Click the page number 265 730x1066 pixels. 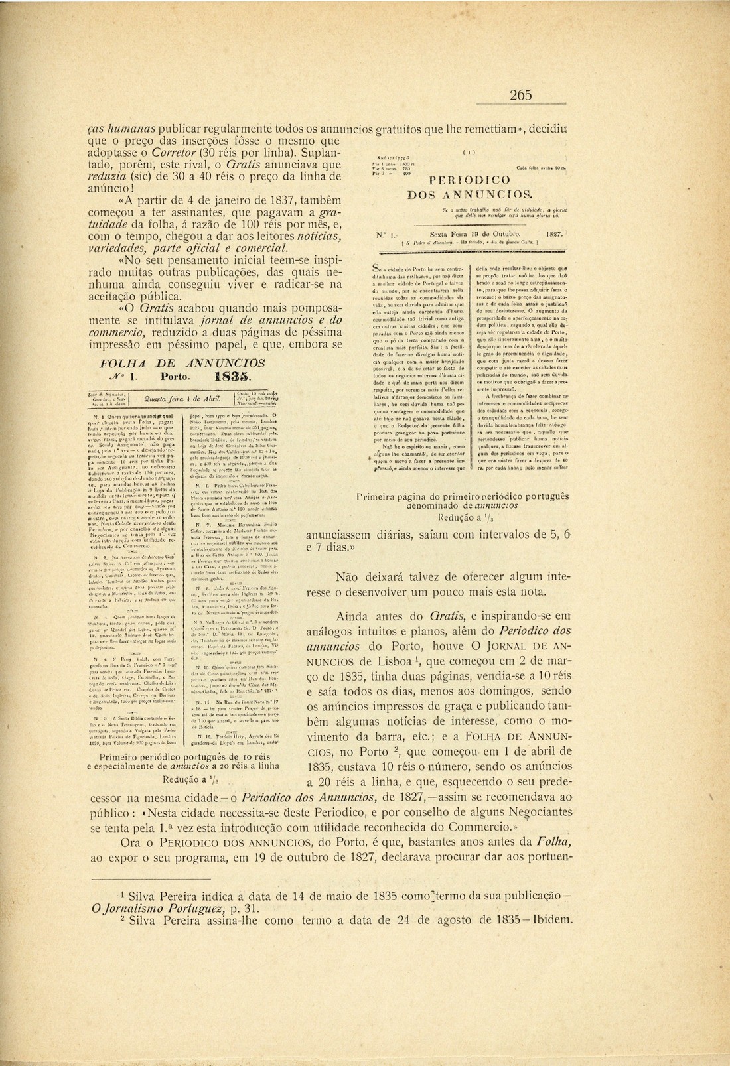point(521,96)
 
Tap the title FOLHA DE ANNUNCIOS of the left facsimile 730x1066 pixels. point(182,363)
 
